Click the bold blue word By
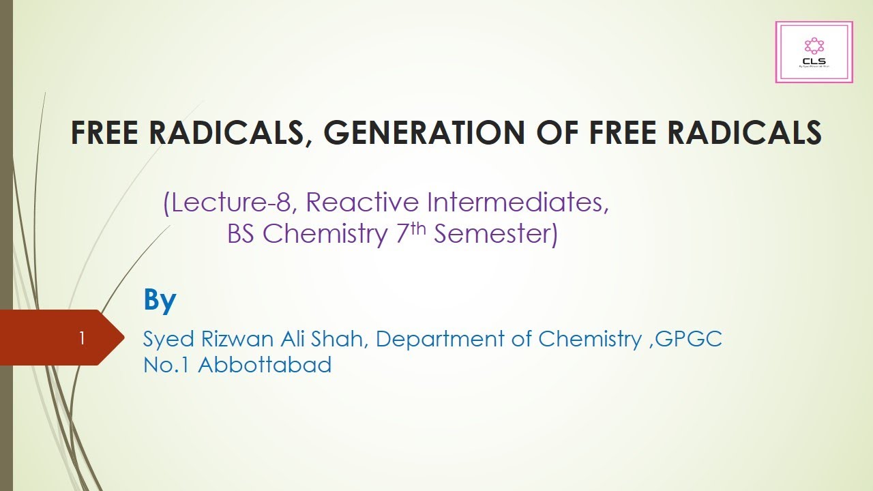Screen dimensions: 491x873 coord(160,301)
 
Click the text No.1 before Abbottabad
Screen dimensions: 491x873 coord(167,365)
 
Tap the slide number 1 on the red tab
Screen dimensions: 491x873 coord(82,338)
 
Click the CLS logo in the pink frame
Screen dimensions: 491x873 coord(814,52)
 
